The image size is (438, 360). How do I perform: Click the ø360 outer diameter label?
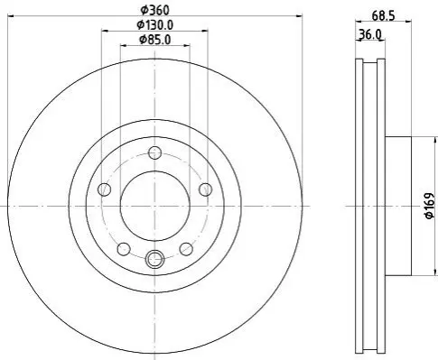point(155,11)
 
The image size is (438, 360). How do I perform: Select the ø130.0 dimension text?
point(155,25)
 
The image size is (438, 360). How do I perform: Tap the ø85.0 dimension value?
point(155,40)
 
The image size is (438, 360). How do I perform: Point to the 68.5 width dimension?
point(383,15)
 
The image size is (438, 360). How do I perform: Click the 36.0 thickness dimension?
point(370,35)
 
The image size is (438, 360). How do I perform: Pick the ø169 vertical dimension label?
point(430,206)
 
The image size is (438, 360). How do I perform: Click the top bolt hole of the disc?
point(155,152)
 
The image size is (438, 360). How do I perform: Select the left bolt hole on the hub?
point(105,189)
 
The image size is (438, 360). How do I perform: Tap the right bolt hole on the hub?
point(206,189)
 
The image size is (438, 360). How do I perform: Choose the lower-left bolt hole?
point(124,249)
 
